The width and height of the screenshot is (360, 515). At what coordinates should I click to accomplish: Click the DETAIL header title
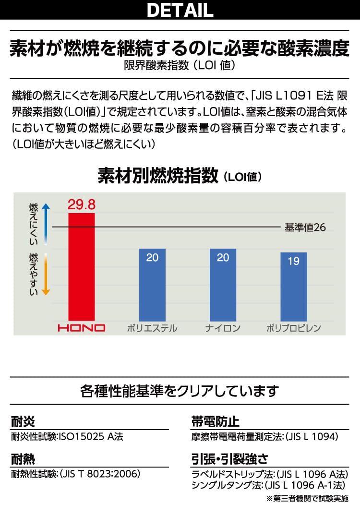(x=180, y=10)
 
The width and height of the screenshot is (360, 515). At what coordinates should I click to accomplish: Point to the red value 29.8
(x=82, y=204)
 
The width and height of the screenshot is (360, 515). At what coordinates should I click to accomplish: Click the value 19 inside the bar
(x=293, y=262)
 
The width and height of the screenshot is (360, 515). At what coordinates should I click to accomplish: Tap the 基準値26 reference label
(x=305, y=227)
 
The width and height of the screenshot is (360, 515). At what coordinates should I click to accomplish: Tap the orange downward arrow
(x=46, y=275)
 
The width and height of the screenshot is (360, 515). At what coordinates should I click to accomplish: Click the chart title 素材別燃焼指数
(x=158, y=176)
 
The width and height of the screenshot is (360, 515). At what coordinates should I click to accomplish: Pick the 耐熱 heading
(x=23, y=460)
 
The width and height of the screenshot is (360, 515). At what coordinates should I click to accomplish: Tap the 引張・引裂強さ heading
(x=229, y=460)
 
